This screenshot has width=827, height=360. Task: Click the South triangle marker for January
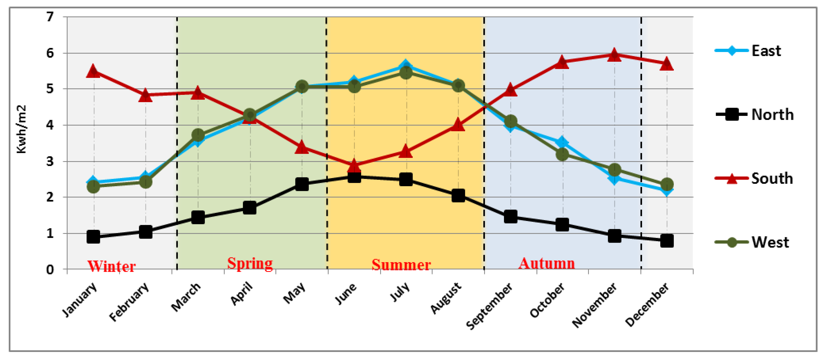point(93,71)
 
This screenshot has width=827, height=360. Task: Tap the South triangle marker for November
point(614,55)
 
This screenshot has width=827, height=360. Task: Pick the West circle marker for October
point(562,154)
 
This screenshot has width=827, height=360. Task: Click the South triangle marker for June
point(354,166)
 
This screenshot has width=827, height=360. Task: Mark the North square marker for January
point(93,237)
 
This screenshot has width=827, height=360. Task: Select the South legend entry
point(754,179)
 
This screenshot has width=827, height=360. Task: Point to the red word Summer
point(401,265)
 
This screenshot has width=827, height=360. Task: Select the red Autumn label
point(547,263)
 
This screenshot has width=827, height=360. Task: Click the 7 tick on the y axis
point(50,17)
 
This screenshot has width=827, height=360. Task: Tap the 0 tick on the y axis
point(50,269)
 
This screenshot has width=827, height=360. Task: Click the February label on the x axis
point(129,302)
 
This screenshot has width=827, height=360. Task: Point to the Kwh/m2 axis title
point(22,129)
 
